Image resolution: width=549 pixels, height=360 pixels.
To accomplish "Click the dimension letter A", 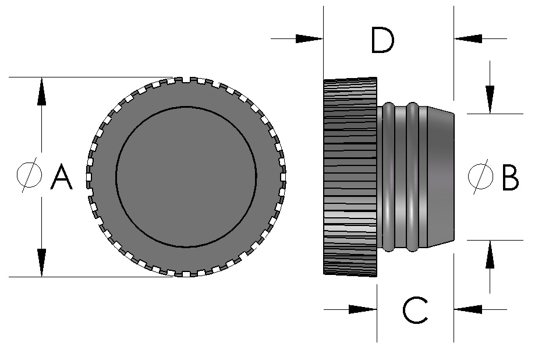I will coord(61,177).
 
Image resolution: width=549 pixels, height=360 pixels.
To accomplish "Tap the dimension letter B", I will coord(510,178).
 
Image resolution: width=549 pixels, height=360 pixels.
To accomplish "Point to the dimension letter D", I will coord(382,40).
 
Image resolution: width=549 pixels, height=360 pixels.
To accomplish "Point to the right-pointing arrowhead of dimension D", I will coord(308,39).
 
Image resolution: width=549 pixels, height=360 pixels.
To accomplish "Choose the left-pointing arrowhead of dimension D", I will coord(469,39).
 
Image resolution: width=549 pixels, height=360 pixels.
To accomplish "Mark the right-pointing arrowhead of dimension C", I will coord(362,309).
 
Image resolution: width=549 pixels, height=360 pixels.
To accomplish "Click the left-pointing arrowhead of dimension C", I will coord(469,309).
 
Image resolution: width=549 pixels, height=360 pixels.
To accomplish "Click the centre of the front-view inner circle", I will coord(186,176).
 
